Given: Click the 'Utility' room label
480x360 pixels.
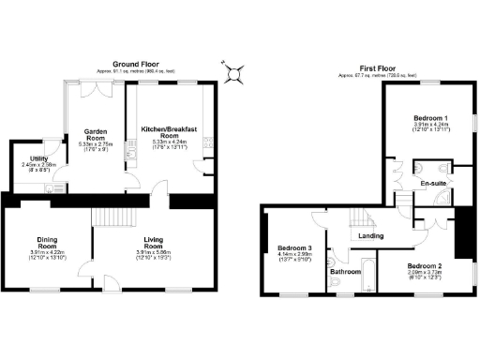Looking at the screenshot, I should coord(38,159).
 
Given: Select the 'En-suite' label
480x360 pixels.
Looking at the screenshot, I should coord(432,183).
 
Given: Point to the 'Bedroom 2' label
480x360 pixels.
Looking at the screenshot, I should coord(424,266).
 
